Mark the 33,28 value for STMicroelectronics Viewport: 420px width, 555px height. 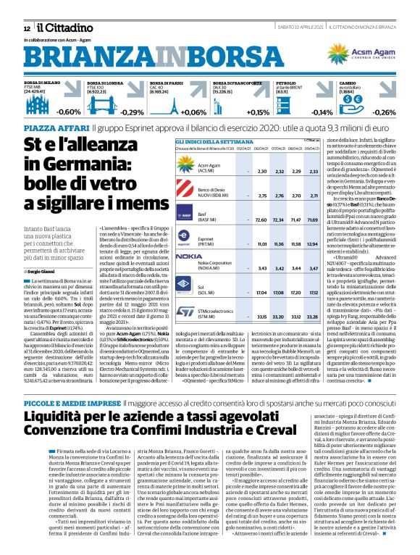(314, 316)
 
